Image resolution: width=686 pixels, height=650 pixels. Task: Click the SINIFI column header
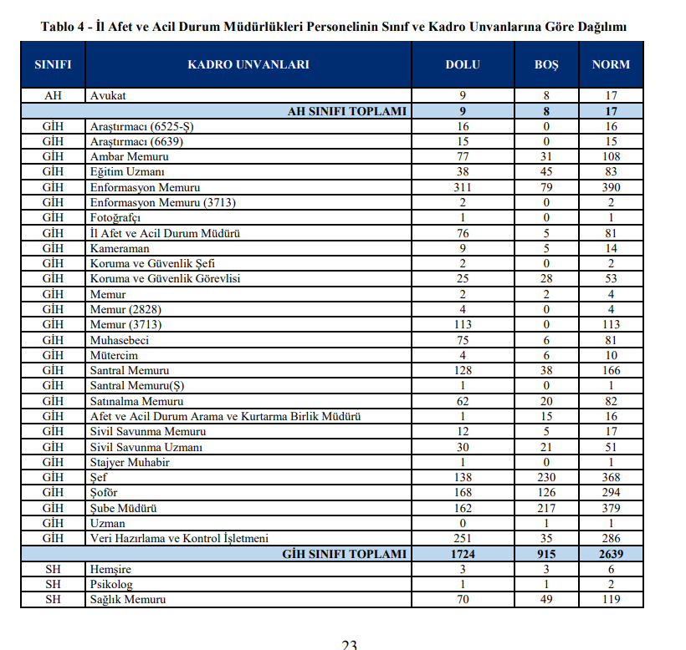(x=53, y=64)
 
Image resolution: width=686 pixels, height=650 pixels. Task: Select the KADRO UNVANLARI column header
(x=248, y=64)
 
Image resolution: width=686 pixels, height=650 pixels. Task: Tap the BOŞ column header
(x=546, y=64)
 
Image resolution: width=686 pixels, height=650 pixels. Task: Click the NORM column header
(x=611, y=64)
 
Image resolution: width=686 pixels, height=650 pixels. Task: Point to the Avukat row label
(x=108, y=96)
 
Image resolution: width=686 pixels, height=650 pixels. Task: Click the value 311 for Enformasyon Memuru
(x=463, y=187)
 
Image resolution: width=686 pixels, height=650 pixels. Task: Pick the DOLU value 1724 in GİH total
(x=463, y=554)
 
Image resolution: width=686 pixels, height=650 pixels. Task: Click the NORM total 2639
(x=611, y=554)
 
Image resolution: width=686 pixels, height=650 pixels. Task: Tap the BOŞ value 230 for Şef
(x=546, y=478)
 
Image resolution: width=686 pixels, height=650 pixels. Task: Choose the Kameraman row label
(x=120, y=248)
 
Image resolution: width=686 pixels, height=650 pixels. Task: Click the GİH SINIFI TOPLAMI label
(x=345, y=554)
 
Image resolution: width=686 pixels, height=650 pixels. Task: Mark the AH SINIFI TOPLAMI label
(x=346, y=111)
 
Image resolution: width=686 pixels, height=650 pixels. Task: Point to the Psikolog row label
(x=111, y=584)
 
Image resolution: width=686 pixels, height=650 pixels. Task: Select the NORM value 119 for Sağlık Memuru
(x=611, y=599)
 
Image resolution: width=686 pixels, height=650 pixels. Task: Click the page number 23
(x=350, y=644)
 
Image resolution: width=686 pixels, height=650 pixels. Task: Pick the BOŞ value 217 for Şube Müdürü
(x=546, y=508)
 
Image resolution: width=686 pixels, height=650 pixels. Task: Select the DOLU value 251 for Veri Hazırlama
(x=463, y=539)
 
